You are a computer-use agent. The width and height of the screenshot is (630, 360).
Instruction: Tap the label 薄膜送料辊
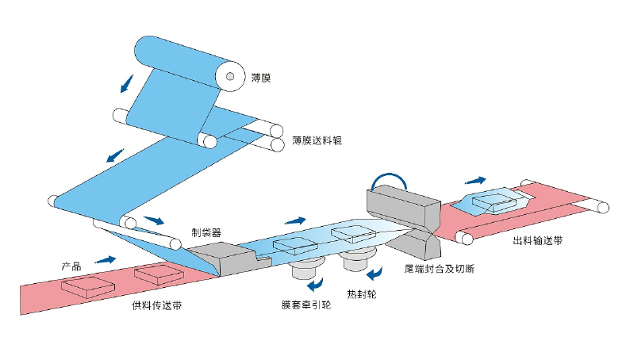tap(317, 140)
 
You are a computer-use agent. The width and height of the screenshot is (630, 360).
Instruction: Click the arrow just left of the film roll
tap(126, 82)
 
